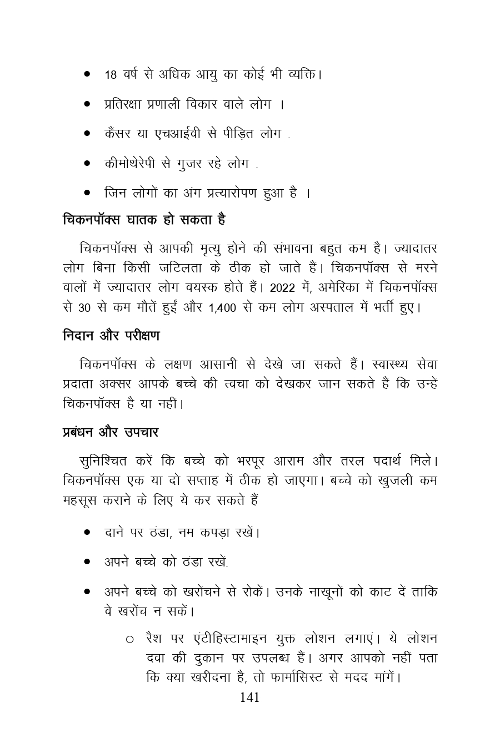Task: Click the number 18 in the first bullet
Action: (110, 74)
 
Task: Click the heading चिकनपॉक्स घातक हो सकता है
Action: (144, 220)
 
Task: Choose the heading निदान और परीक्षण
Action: (111, 336)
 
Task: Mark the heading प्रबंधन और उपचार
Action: (111, 432)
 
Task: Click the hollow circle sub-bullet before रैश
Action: (129, 640)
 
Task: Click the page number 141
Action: (249, 697)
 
